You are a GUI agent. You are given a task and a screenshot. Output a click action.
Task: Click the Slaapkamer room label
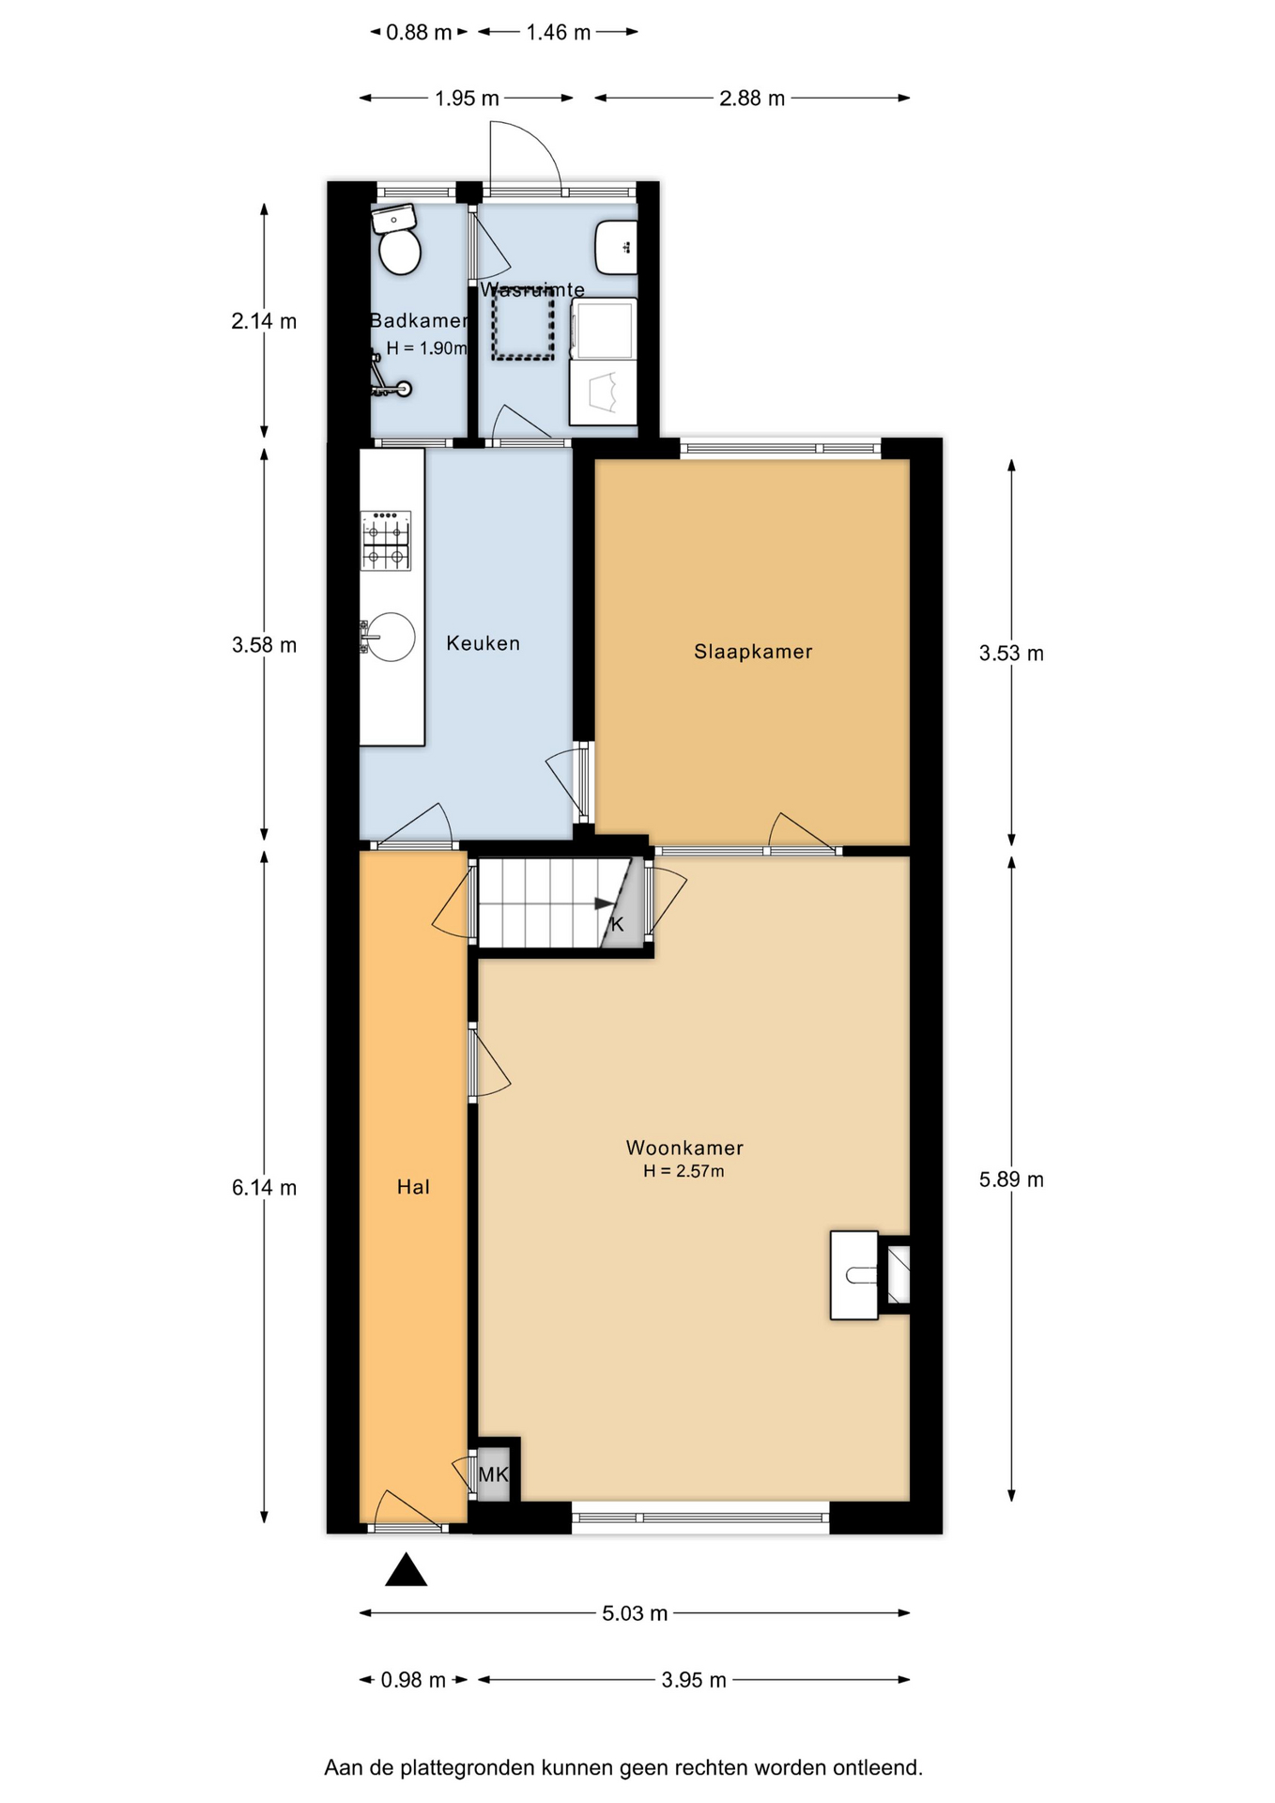tap(753, 652)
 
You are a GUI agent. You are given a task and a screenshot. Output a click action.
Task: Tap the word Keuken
tap(483, 643)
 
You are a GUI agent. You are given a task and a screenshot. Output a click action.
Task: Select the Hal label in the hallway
tap(413, 1187)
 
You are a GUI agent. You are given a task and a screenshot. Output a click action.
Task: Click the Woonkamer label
tap(684, 1148)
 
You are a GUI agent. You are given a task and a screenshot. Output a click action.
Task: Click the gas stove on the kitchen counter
tap(386, 541)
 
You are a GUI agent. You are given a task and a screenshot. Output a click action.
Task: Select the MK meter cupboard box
tap(493, 1474)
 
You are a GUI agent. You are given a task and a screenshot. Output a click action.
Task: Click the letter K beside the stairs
tap(617, 924)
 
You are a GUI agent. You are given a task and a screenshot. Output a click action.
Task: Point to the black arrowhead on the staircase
tap(604, 904)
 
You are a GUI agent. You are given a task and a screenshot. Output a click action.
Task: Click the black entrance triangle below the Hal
tap(407, 1569)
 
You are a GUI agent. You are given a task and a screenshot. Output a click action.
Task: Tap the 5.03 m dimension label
tap(635, 1613)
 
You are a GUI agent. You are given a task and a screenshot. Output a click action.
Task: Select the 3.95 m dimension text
tap(694, 1680)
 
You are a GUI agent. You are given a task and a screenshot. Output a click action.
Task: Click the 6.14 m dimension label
tap(264, 1187)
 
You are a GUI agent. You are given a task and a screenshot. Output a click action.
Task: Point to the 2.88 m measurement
tap(752, 98)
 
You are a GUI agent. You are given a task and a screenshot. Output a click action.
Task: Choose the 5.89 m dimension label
tap(1011, 1179)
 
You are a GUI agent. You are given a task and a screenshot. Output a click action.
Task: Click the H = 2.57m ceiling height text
tap(684, 1171)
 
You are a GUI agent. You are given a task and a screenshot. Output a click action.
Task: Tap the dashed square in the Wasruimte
tap(523, 323)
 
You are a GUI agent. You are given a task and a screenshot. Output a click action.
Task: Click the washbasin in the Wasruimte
tap(617, 247)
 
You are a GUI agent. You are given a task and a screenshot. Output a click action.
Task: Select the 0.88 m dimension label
tap(419, 32)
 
